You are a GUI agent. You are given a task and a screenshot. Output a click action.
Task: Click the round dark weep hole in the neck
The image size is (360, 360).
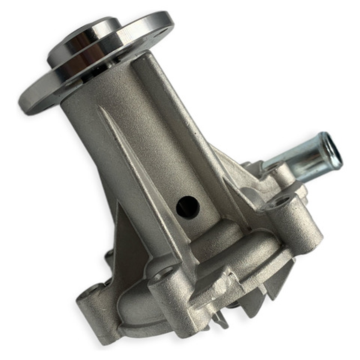pyautogui.click(x=188, y=207)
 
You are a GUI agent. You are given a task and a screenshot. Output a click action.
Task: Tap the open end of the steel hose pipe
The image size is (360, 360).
pyautogui.click(x=332, y=150)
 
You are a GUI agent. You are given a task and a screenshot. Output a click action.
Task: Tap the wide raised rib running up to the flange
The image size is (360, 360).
pyautogui.click(x=173, y=117)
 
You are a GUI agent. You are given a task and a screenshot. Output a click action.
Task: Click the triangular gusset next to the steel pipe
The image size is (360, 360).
pyautogui.click(x=234, y=173)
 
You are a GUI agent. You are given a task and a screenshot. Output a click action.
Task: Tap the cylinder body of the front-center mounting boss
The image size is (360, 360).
pyautogui.click(x=173, y=300)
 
